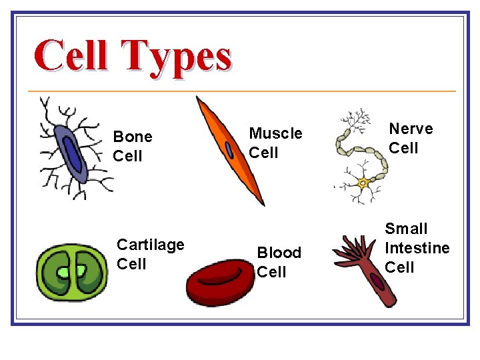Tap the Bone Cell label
(x=132, y=146)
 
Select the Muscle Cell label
(x=275, y=143)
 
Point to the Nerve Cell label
(x=411, y=138)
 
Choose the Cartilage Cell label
(x=151, y=254)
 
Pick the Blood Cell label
(x=279, y=262)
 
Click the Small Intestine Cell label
(x=417, y=248)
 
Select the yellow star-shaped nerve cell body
(x=363, y=182)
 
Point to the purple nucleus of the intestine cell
(x=377, y=283)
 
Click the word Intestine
(x=417, y=248)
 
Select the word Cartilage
(x=151, y=245)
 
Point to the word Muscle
(x=275, y=133)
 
